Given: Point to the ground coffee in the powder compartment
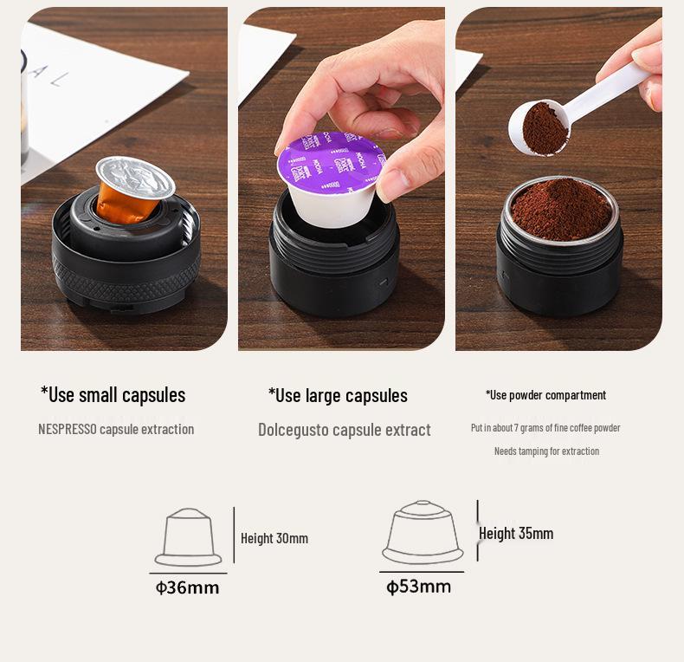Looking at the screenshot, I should click(x=561, y=208).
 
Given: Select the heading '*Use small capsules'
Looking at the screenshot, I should click(x=113, y=395).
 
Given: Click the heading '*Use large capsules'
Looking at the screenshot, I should click(x=338, y=396).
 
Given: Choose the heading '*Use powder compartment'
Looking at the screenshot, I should click(x=545, y=395).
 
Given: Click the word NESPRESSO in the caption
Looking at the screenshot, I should click(x=68, y=429).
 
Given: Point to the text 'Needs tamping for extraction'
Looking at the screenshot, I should click(x=546, y=451).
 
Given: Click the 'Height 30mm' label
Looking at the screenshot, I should click(x=274, y=538).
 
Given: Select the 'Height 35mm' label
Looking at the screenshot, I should click(x=517, y=534).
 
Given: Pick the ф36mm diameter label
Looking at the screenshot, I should click(x=187, y=587).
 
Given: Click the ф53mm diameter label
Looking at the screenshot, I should click(x=419, y=587).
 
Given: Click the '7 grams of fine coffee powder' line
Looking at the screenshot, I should click(x=545, y=428).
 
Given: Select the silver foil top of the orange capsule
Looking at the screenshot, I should click(x=136, y=176).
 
